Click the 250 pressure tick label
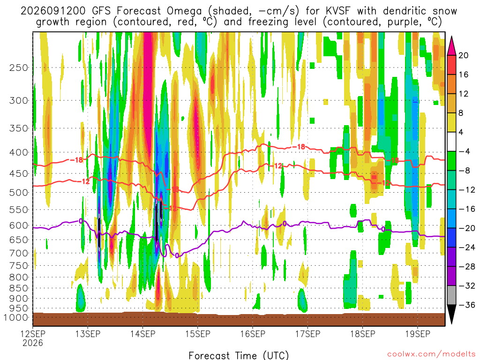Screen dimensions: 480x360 point(19,67)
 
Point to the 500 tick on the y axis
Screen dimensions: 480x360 point(19,193)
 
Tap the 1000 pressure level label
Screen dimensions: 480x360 point(16,318)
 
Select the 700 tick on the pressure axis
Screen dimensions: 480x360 point(19,253)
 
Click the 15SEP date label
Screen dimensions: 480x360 point(198,334)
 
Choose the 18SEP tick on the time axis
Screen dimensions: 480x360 point(363,334)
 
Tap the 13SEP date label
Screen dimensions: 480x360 point(88,334)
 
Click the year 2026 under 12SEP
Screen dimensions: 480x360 point(33,343)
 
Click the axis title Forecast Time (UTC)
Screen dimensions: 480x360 point(239,355)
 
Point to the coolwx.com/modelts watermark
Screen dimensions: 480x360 point(431,354)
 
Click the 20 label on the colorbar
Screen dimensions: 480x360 point(463,55)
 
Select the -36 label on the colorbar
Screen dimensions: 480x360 point(466,305)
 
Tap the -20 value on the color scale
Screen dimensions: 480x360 point(466,228)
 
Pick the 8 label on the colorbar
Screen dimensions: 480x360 point(461,113)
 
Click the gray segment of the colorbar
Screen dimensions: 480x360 point(451,295)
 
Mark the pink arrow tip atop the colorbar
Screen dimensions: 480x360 point(451,37)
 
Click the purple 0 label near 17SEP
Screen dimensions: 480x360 point(285,224)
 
